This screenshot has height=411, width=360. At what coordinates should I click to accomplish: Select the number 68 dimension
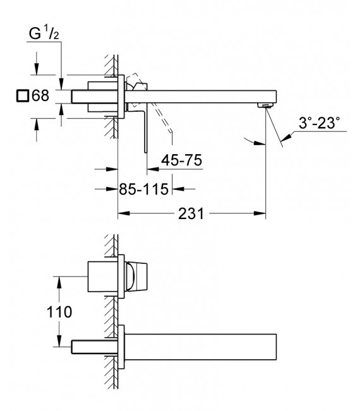click(40, 97)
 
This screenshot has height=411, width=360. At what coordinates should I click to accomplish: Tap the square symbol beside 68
click(22, 97)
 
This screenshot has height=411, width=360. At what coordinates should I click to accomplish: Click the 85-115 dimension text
click(146, 188)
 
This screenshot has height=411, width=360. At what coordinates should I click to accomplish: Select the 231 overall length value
click(191, 214)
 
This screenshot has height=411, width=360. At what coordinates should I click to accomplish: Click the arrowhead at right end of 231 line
click(262, 214)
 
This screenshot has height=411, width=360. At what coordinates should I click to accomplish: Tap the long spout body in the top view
click(202, 96)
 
